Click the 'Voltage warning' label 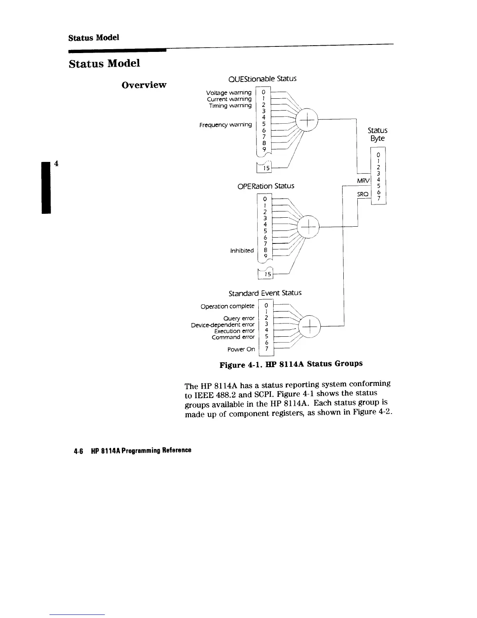pos(229,93)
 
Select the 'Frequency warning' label pos(225,125)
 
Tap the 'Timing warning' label pos(230,106)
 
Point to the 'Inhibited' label pos(242,250)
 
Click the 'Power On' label pos(241,349)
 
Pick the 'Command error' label pos(233,337)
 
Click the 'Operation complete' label pos(227,306)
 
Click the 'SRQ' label pos(363,194)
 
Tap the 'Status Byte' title pos(378,134)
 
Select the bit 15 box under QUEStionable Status pos(266,168)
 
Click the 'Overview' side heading pos(144,85)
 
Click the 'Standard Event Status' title pos(265,293)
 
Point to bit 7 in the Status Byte pos(378,198)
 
